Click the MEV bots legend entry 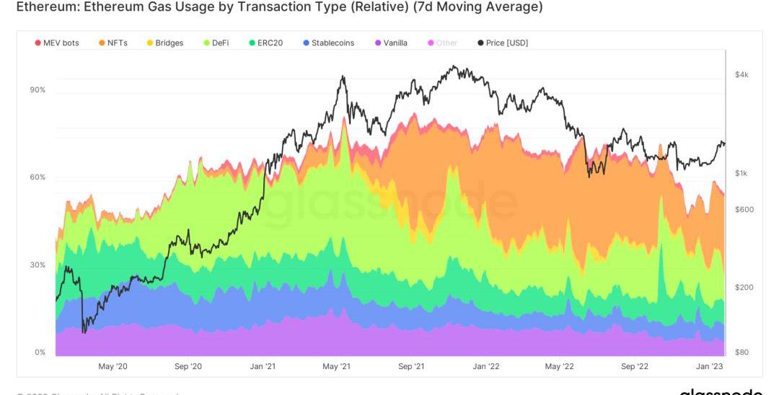pyautogui.click(x=57, y=43)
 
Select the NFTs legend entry pyautogui.click(x=113, y=43)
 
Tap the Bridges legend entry pyautogui.click(x=165, y=43)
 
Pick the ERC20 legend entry pyautogui.click(x=265, y=43)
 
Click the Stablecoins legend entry pyautogui.click(x=328, y=43)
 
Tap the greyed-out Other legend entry pyautogui.click(x=442, y=43)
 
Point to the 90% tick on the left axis pyautogui.click(x=38, y=90)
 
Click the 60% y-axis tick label pyautogui.click(x=38, y=177)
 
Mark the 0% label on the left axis pyautogui.click(x=40, y=352)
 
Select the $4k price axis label pyautogui.click(x=742, y=75)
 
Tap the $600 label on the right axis pyautogui.click(x=744, y=210)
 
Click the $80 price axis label pyautogui.click(x=742, y=352)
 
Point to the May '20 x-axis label pyautogui.click(x=113, y=367)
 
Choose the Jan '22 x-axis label pyautogui.click(x=485, y=367)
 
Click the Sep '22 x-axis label pyautogui.click(x=634, y=367)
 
